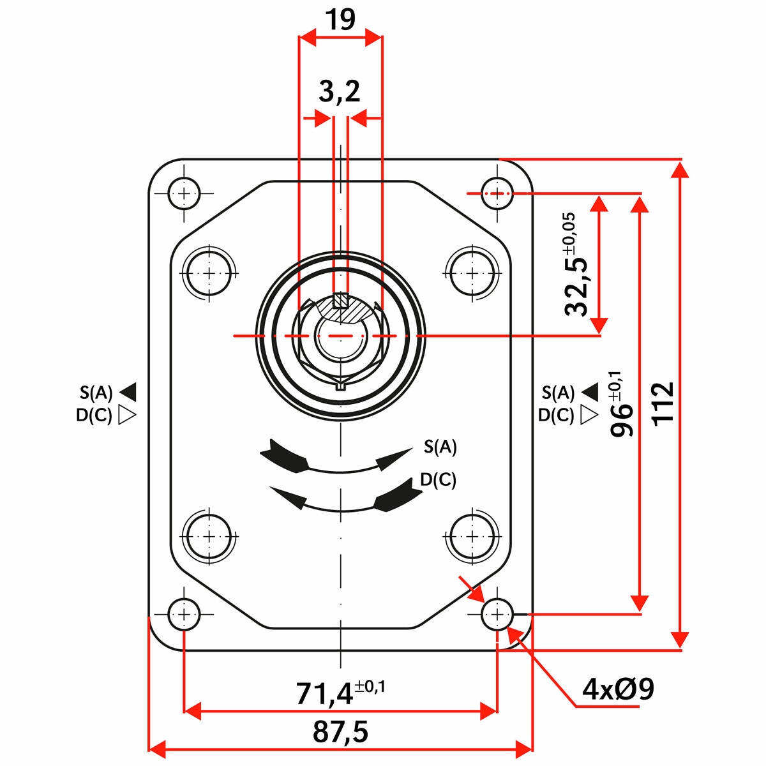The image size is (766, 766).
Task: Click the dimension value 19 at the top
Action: coord(340,20)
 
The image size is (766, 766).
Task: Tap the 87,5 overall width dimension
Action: coord(340,732)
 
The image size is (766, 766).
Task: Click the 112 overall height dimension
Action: coord(663,403)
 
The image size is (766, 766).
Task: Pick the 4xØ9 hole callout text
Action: coord(618,689)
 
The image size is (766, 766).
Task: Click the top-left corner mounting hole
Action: coord(184,193)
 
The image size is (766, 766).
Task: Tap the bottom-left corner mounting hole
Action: coord(184,615)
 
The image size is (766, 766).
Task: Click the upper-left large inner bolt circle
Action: coord(209,273)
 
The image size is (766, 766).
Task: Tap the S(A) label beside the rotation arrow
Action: coord(440,447)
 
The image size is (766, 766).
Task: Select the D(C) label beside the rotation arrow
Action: coord(438,480)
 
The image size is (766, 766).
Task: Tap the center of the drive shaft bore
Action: coord(341,335)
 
